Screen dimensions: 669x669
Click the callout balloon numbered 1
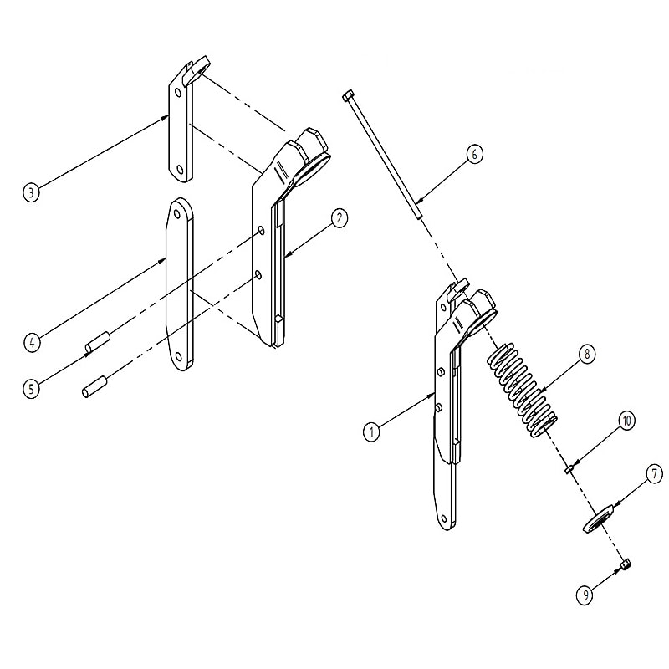[371, 432]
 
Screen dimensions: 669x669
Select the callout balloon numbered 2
[340, 218]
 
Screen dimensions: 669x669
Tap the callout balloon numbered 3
[31, 192]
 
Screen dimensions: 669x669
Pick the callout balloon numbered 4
[32, 342]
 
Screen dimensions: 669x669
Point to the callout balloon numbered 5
[31, 389]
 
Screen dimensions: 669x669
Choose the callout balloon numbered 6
[474, 154]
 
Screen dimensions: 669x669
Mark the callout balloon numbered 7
[655, 474]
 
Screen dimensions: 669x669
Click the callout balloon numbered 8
[587, 354]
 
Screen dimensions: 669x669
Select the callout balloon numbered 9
[585, 595]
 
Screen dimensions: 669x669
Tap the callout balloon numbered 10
[626, 421]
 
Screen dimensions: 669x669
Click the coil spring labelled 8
[522, 390]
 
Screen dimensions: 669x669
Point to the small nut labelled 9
[626, 564]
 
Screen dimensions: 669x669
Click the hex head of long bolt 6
[347, 94]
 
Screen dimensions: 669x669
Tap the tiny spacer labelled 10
[569, 470]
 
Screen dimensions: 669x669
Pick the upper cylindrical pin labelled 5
[98, 343]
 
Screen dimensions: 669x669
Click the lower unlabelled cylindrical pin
[94, 386]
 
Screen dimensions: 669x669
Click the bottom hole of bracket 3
[180, 170]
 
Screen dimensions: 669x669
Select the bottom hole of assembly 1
[444, 518]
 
